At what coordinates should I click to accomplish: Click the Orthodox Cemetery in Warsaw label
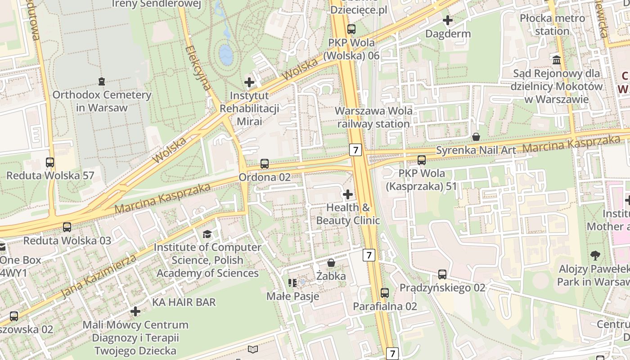[102, 101]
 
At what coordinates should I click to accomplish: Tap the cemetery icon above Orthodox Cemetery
[101, 81]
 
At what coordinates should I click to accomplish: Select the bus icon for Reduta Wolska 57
[50, 162]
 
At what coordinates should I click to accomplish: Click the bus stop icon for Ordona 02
[265, 164]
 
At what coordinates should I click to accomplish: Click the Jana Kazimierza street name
[99, 276]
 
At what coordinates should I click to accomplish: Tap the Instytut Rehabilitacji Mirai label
[249, 108]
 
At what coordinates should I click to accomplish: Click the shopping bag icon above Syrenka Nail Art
[476, 137]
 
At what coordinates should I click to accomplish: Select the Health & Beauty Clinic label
[348, 214]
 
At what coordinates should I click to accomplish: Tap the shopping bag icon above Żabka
[331, 263]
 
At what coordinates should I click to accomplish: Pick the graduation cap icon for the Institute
[207, 234]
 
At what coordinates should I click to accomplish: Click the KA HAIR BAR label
[184, 302]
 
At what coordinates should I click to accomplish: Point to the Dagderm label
[448, 34]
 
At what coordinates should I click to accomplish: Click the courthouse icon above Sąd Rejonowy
[557, 60]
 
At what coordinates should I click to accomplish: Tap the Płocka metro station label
[552, 25]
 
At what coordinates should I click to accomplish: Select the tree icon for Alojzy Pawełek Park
[595, 256]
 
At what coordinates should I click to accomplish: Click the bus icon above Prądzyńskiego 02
[442, 274]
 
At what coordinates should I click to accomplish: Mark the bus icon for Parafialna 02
[385, 293]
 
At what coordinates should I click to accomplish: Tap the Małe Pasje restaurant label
[293, 296]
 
